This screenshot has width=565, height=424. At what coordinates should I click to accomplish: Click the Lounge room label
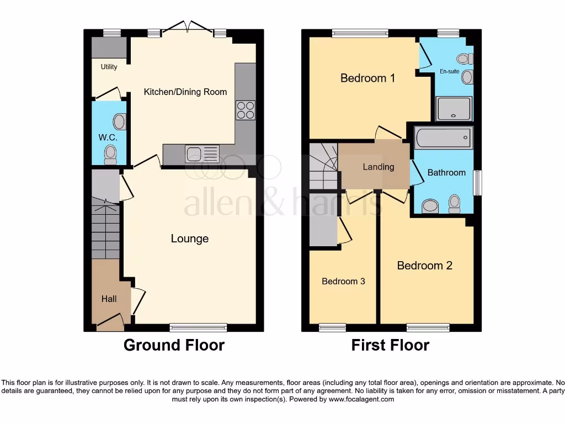click(189, 239)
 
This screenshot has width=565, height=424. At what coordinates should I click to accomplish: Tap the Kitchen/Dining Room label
click(185, 92)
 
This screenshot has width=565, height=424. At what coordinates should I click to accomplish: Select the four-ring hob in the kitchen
click(246, 110)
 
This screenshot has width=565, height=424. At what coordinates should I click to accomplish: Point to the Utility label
click(109, 67)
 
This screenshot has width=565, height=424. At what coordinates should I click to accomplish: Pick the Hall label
click(109, 299)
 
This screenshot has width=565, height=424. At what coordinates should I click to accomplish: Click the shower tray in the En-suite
click(454, 109)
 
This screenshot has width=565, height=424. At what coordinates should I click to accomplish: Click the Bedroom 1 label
click(367, 78)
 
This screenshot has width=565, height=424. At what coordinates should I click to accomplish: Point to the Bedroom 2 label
click(425, 266)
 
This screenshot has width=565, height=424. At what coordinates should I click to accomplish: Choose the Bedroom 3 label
click(343, 281)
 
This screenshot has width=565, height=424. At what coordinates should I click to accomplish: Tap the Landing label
click(379, 167)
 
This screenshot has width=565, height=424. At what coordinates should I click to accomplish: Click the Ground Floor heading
click(174, 345)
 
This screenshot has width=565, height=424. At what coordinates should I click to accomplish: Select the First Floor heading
click(390, 345)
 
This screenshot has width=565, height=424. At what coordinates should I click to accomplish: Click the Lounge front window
click(198, 327)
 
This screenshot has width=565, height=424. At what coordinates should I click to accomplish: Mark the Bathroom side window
click(478, 182)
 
